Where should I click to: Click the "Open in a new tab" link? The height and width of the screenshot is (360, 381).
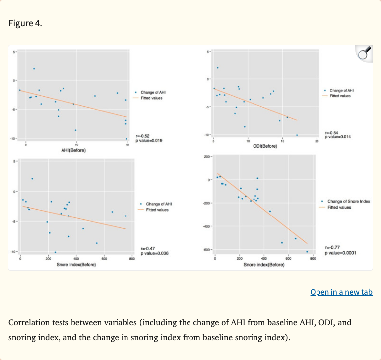point(341,292)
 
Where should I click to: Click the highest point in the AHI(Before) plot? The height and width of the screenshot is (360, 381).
point(34,69)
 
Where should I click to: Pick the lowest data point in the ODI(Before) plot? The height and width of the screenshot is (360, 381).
point(297,135)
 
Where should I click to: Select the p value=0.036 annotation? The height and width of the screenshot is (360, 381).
point(155,253)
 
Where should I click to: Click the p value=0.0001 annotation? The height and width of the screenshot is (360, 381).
point(340,253)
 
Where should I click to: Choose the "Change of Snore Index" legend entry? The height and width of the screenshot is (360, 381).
point(349,201)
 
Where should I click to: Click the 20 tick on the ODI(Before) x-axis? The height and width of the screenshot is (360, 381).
point(317,142)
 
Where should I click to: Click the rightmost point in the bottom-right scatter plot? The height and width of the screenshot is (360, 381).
point(307,251)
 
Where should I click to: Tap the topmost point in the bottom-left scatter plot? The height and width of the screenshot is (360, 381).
point(32,179)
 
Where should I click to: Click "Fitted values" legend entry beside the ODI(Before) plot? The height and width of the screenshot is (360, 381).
point(340,96)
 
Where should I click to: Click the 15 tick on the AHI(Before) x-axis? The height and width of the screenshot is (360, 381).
point(127,145)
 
